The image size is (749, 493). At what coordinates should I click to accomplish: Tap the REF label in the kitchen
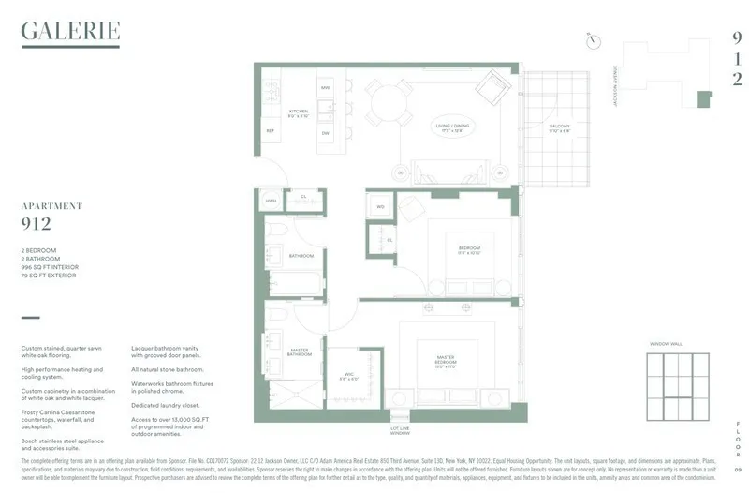click(x=270, y=131)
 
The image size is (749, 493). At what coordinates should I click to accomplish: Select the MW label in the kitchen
click(x=325, y=87)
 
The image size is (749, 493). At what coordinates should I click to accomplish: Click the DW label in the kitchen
click(x=325, y=133)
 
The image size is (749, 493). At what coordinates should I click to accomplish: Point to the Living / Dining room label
click(x=451, y=127)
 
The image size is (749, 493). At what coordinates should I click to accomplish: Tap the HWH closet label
click(x=271, y=200)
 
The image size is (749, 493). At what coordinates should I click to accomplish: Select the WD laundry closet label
click(x=380, y=206)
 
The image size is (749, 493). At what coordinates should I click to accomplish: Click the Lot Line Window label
click(x=400, y=431)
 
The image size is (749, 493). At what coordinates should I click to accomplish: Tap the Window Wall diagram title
click(x=666, y=344)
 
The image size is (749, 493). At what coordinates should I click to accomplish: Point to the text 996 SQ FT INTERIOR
click(x=50, y=268)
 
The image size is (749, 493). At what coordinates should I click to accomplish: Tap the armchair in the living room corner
click(x=490, y=89)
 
